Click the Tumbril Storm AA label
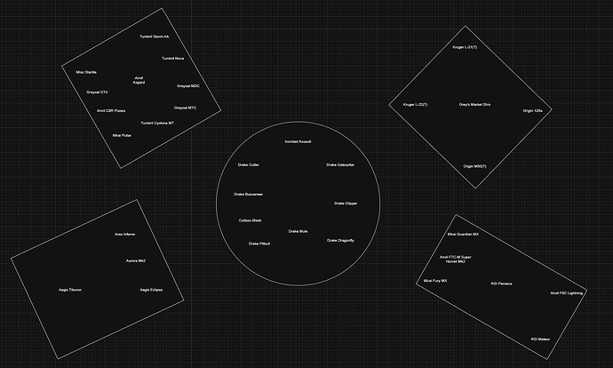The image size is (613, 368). point(154,36)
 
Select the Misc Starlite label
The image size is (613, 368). point(86,71)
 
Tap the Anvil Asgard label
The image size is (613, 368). point(139,80)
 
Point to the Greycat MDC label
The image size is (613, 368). point(187,86)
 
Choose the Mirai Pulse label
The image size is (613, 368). point(122,135)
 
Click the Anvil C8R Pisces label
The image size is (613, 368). point(111,111)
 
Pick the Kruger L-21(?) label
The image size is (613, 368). point(464,46)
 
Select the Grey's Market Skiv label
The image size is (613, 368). point(474,105)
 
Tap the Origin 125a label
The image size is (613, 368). point(532,110)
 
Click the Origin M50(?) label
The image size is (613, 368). point(474,165)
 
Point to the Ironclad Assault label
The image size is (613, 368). point(298,141)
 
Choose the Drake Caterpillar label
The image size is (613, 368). point(340,164)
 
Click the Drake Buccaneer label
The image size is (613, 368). point(248,194)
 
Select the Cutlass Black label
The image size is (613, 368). point(250,220)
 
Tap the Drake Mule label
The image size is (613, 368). point(298,231)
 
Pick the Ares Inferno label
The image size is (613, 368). point(124,234)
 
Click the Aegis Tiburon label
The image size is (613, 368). point(70,290)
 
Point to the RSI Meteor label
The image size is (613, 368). point(540,339)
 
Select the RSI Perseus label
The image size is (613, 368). point(501,284)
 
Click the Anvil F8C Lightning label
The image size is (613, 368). point(566,292)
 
